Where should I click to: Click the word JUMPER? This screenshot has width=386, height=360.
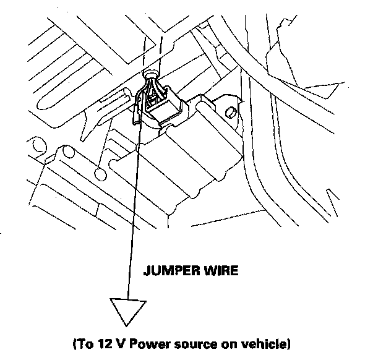click(x=171, y=270)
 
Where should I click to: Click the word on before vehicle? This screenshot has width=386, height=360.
click(x=233, y=343)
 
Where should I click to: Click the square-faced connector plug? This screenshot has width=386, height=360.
click(x=165, y=105)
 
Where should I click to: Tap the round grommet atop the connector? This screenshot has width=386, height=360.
click(x=150, y=75)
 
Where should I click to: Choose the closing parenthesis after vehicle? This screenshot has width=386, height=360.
click(x=287, y=343)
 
